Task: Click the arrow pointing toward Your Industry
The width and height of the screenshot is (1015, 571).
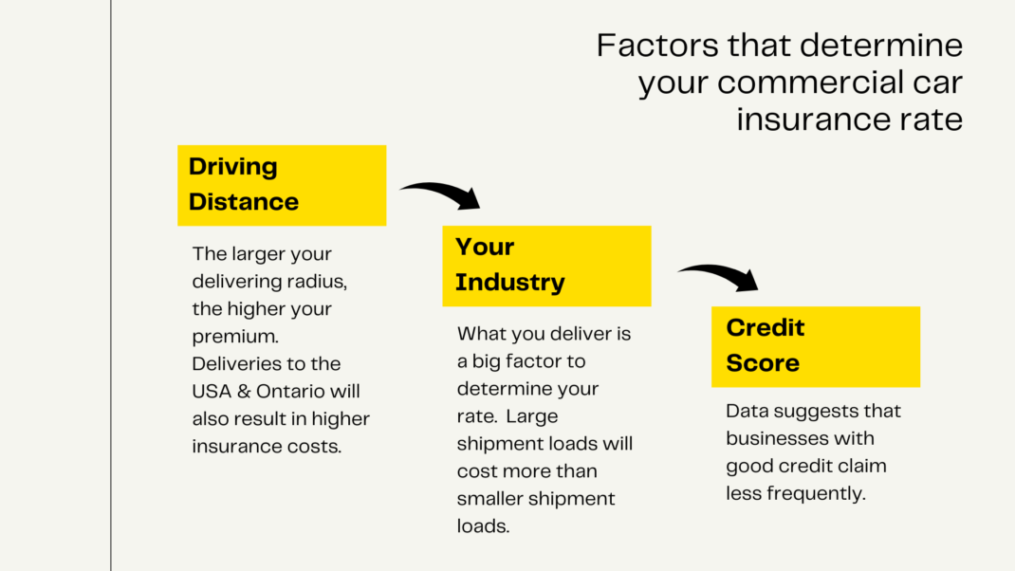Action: click(442, 193)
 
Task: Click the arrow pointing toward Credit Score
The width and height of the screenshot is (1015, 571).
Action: click(719, 274)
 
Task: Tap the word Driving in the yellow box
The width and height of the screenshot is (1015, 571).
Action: click(233, 167)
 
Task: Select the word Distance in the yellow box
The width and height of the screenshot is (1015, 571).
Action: click(244, 202)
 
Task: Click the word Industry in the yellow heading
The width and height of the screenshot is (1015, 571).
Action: click(510, 283)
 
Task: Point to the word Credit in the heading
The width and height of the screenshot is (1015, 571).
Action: click(766, 327)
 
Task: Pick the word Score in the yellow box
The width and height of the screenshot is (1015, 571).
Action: click(763, 363)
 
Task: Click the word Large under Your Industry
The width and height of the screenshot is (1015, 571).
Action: click(533, 416)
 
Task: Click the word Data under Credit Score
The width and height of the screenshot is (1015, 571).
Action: click(747, 412)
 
